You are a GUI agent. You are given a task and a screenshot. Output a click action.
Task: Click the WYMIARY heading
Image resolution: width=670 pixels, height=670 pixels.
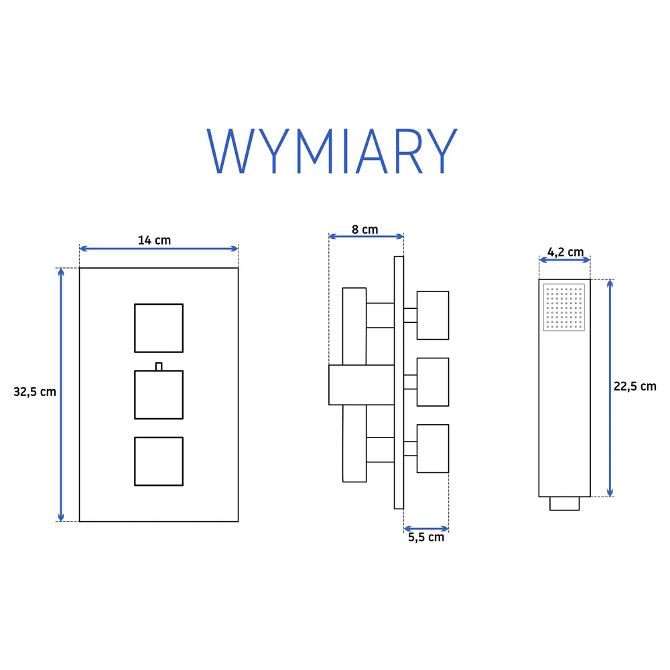click(332, 151)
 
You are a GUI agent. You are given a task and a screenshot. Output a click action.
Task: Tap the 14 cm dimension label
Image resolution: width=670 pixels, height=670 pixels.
click(154, 240)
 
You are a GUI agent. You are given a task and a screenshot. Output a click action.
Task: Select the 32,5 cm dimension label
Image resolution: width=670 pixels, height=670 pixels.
click(35, 392)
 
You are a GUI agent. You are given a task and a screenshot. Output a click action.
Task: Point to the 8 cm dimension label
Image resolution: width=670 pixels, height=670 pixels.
click(365, 230)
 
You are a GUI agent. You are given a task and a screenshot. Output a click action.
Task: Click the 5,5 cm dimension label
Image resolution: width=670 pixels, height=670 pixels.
click(426, 537)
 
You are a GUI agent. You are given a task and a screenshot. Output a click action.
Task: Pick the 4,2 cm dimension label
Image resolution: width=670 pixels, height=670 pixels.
click(565, 252)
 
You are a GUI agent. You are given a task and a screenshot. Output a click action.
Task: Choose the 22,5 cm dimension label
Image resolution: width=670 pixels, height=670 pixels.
click(634, 387)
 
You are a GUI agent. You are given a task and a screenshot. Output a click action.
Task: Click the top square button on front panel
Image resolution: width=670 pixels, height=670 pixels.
click(159, 328)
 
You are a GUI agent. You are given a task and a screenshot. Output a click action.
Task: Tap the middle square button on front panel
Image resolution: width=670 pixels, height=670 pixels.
click(159, 395)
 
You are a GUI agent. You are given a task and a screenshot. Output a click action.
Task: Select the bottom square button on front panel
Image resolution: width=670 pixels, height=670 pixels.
click(159, 462)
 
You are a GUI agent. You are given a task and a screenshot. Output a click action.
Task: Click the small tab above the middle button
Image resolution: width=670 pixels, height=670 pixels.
click(159, 366)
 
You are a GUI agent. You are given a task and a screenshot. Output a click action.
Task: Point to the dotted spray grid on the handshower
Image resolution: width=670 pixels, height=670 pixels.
click(564, 308)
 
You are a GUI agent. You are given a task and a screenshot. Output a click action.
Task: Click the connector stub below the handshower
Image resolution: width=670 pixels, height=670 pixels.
click(564, 503)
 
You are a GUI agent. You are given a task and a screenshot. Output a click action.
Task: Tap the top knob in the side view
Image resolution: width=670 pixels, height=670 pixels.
click(433, 316)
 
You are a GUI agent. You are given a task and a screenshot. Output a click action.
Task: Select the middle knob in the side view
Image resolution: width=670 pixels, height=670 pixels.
click(433, 382)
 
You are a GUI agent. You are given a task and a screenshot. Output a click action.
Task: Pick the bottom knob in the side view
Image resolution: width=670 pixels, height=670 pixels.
click(433, 449)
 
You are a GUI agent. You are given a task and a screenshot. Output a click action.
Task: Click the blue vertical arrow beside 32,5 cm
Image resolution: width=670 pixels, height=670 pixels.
click(61, 395)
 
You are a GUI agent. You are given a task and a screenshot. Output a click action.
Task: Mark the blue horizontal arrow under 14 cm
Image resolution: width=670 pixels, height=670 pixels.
click(159, 249)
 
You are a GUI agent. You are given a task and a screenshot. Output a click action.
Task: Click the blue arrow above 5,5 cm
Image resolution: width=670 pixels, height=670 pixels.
click(426, 529)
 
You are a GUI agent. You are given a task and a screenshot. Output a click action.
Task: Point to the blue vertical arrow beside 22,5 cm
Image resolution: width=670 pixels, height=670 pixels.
click(610, 388)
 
